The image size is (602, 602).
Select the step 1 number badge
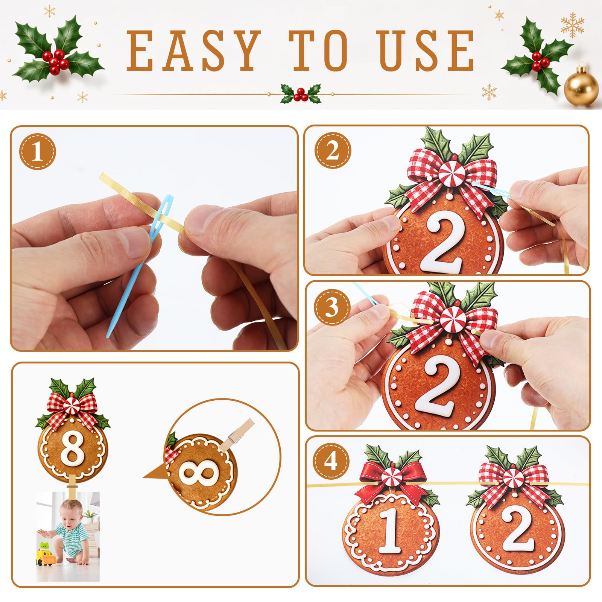click(37, 152)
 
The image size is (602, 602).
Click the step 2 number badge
click(333, 151)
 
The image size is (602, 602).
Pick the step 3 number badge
click(331, 307)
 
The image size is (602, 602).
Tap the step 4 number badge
click(331, 462)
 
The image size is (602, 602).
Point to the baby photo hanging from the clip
click(68, 536)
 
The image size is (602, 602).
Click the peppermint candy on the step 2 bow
click(451, 173)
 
